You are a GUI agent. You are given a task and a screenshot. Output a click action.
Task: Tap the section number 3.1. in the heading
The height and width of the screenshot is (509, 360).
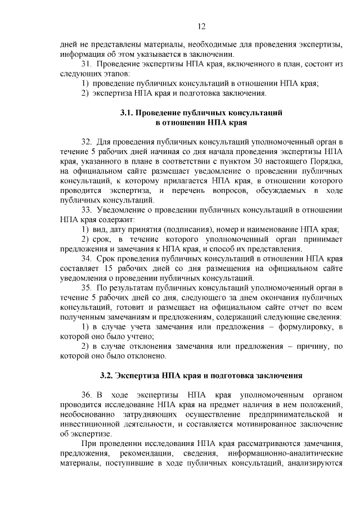tap(127, 112)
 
